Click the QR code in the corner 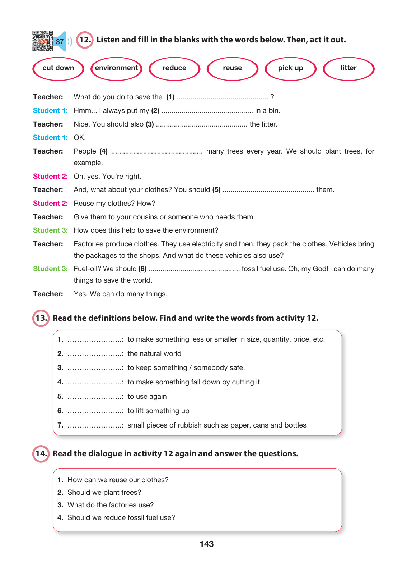(42, 41)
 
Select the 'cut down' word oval (58, 68)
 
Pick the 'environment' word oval (116, 68)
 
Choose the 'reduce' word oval (174, 68)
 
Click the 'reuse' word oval (232, 68)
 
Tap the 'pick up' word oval (290, 68)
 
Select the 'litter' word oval (348, 68)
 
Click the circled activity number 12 (85, 40)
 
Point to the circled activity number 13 (41, 318)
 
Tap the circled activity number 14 (41, 454)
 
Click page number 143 (206, 544)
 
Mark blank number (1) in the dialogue (222, 97)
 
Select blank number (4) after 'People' (157, 152)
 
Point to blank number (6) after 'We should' (194, 269)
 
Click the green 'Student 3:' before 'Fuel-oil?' (50, 269)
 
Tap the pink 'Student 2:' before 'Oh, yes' (50, 177)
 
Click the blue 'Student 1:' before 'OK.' (50, 138)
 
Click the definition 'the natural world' (154, 354)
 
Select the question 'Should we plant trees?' (104, 493)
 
